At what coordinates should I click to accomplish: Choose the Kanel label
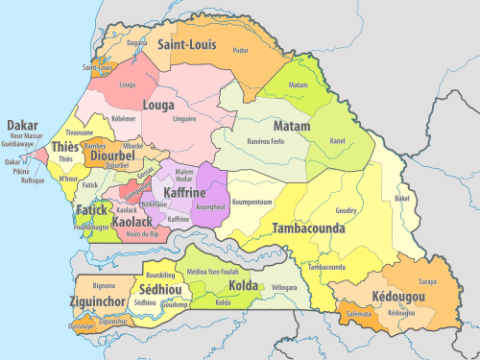pyautogui.click(x=337, y=142)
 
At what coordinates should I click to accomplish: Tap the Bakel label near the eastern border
pyautogui.click(x=401, y=199)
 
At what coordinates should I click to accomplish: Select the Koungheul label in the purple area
pyautogui.click(x=209, y=206)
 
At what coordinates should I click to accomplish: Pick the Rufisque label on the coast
pyautogui.click(x=33, y=180)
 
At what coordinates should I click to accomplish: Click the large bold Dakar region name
pyautogui.click(x=22, y=125)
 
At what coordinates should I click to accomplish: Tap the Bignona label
pyautogui.click(x=101, y=286)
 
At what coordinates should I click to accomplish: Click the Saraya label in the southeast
pyautogui.click(x=427, y=281)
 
